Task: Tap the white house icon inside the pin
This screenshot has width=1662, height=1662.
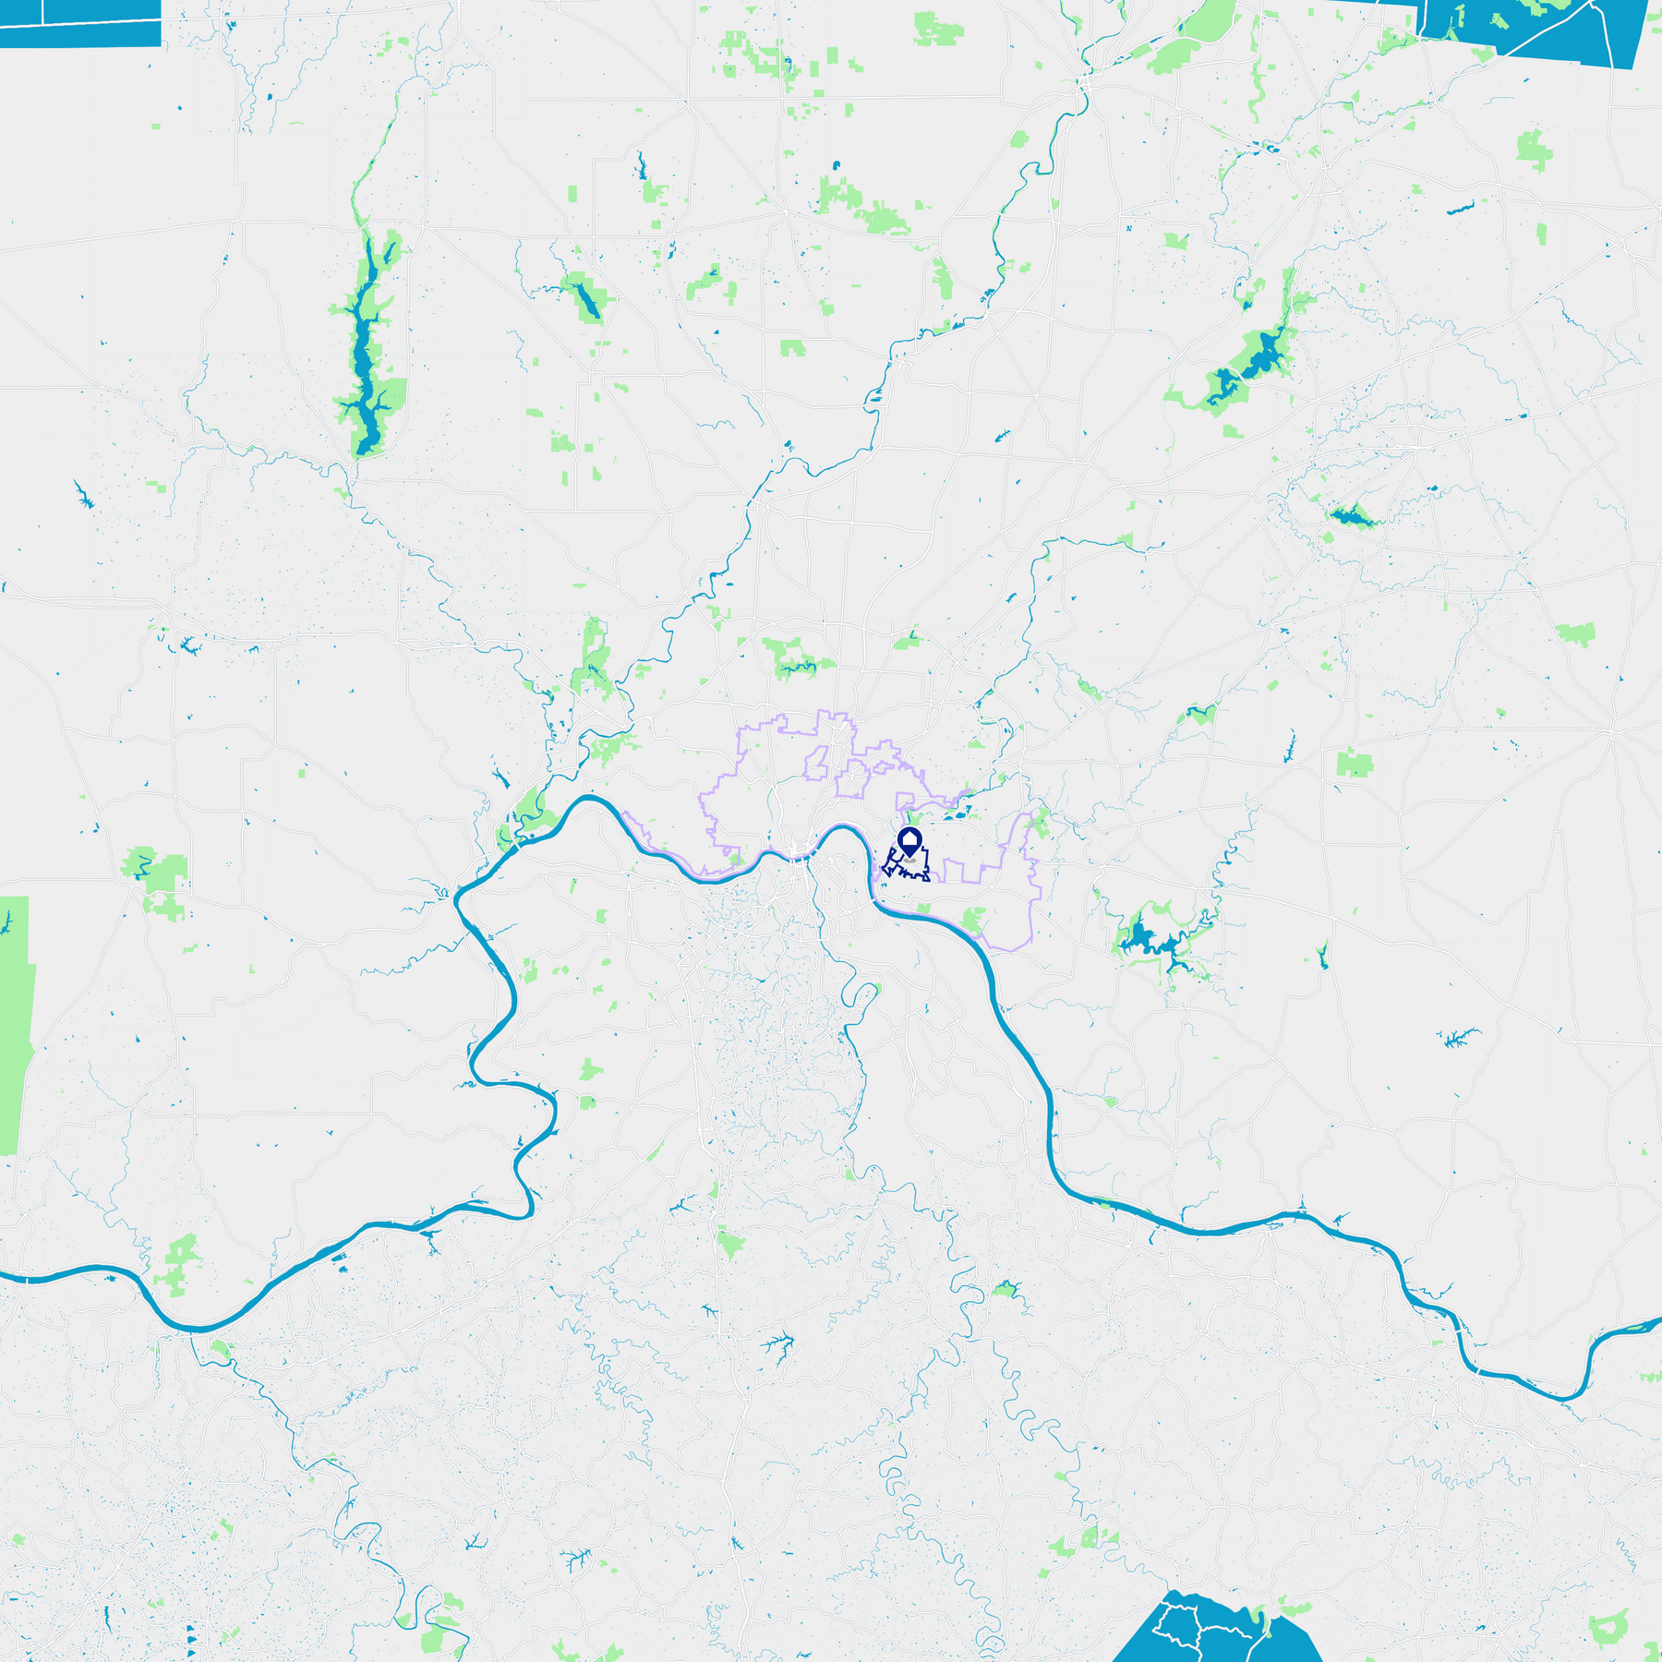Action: click(x=909, y=840)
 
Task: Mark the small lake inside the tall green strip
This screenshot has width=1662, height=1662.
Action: click(x=7, y=922)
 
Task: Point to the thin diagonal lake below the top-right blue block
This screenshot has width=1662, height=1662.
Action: click(x=1460, y=209)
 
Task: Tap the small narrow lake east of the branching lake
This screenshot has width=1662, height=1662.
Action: click(x=1323, y=956)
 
